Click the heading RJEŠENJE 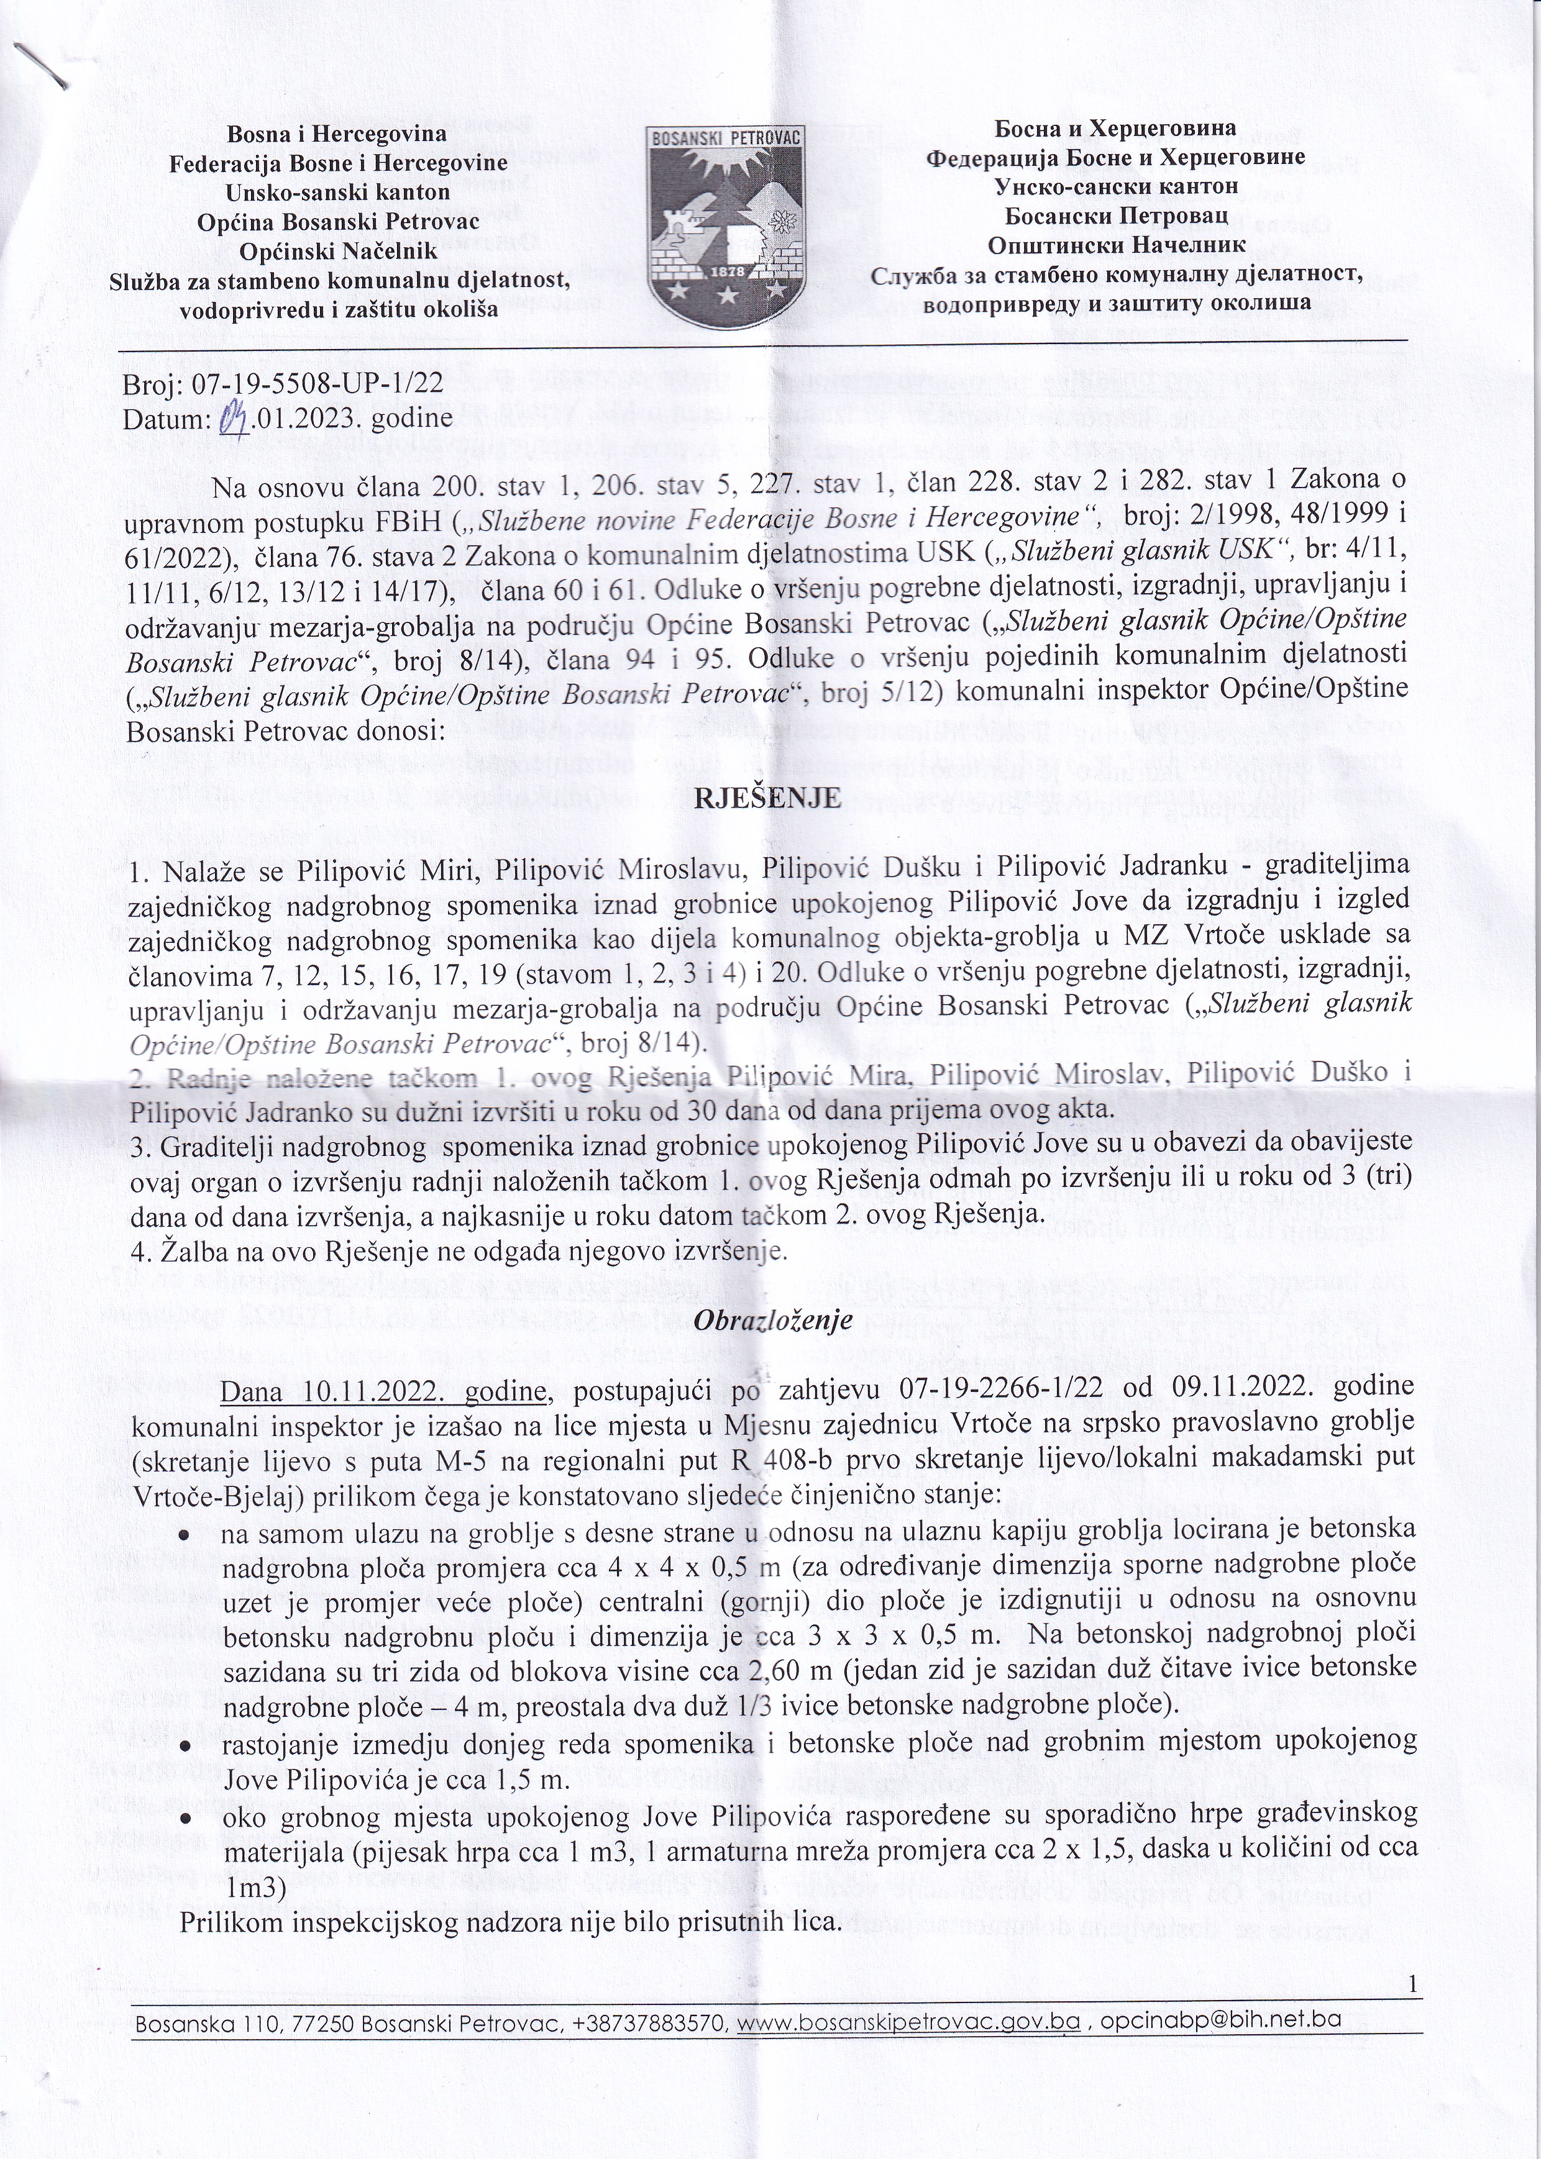[769, 798]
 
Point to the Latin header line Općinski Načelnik [338, 252]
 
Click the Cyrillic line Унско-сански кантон [1116, 186]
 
